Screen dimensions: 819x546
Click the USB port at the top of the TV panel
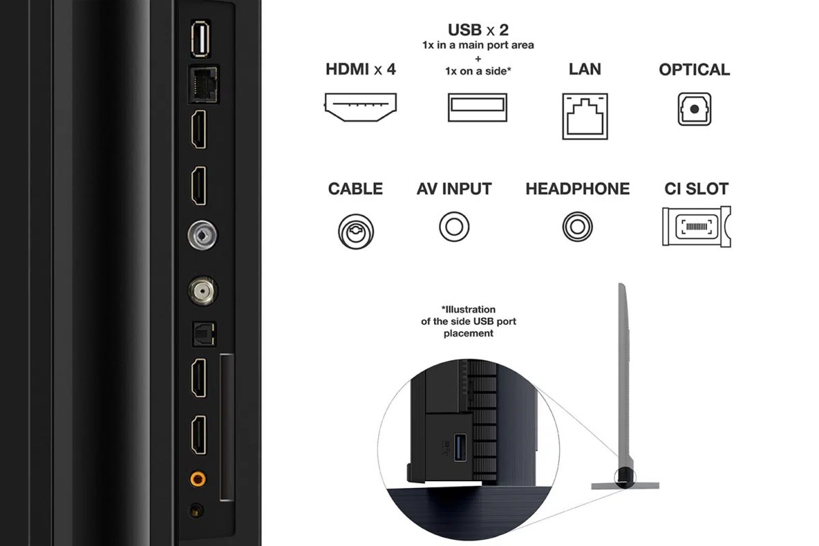(201, 39)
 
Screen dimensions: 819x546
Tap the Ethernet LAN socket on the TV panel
(203, 85)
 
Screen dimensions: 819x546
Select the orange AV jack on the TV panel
(198, 478)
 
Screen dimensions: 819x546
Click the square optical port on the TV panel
(204, 334)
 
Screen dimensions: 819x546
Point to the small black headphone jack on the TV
(196, 510)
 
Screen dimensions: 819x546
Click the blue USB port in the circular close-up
(460, 447)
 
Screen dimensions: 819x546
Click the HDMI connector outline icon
(360, 107)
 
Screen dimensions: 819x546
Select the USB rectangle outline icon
(478, 107)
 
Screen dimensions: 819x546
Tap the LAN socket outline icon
(585, 116)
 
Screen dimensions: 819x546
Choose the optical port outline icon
(694, 109)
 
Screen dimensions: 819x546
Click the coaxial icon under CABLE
(356, 231)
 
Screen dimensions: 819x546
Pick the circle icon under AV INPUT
(454, 227)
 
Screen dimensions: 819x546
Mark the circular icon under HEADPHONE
(577, 227)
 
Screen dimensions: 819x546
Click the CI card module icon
(697, 227)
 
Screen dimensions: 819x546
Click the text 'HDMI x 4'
(360, 69)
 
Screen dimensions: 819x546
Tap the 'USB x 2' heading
(478, 30)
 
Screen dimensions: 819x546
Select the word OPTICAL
(694, 70)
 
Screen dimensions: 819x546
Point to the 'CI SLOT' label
(697, 188)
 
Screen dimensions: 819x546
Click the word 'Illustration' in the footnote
(468, 309)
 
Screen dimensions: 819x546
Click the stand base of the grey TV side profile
(625, 486)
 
